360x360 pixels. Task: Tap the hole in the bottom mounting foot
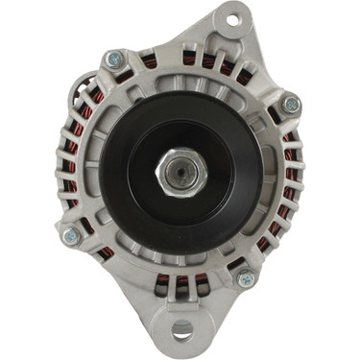pos(181,331)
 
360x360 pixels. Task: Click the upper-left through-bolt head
pos(115,60)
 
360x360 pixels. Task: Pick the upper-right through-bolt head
pos(290,104)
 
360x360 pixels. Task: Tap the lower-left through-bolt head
pos(70,234)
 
